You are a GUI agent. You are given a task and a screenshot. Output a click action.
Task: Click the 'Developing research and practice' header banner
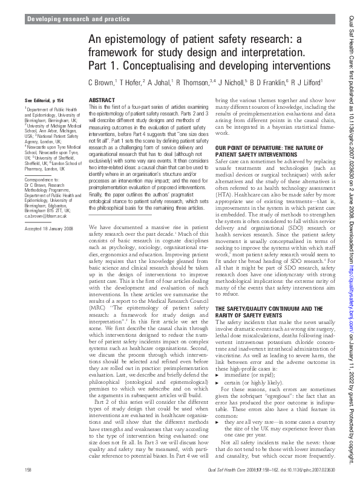click(78, 19)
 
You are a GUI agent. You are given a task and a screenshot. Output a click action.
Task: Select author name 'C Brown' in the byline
click(100, 82)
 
